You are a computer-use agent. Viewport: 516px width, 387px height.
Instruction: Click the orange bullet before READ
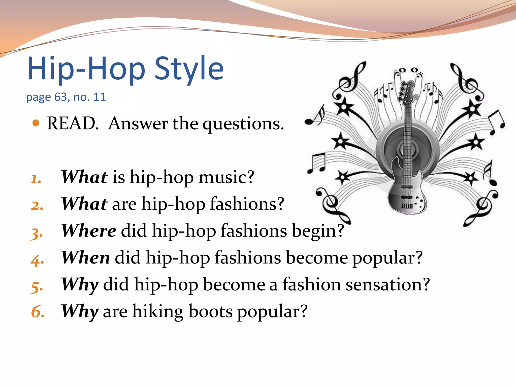(36, 123)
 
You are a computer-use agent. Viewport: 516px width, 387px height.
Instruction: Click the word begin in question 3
(317, 231)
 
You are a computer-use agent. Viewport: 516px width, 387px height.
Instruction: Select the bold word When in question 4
(85, 257)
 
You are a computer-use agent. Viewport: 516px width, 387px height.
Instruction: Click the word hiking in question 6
(158, 311)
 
